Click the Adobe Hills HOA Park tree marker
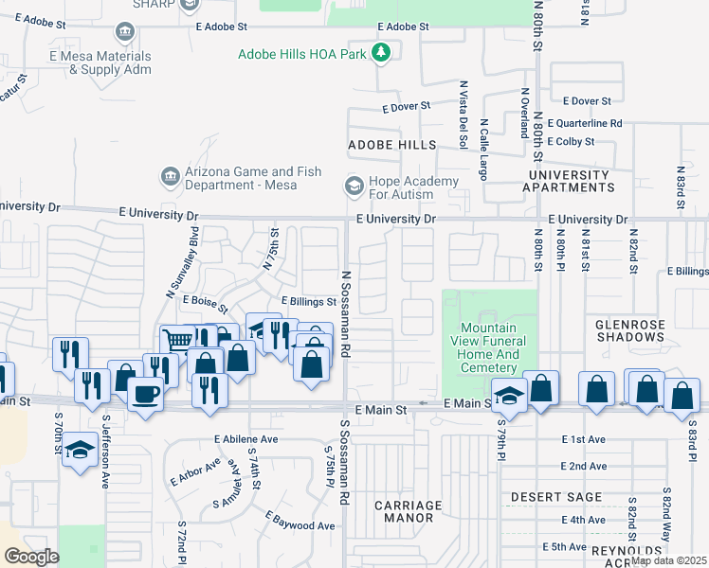(x=381, y=53)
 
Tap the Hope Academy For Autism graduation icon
(x=354, y=186)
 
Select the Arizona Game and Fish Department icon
(x=171, y=176)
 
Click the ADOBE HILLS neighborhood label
(x=391, y=145)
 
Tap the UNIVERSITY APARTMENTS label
(x=569, y=181)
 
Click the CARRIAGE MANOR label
(x=408, y=511)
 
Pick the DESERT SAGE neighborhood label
(x=556, y=497)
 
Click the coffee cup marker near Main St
(x=144, y=393)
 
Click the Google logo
(x=31, y=557)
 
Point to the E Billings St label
(x=308, y=302)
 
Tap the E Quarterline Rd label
(x=591, y=123)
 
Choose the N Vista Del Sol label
(x=464, y=115)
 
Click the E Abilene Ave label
(x=245, y=439)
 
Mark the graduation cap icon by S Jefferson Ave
(x=80, y=450)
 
